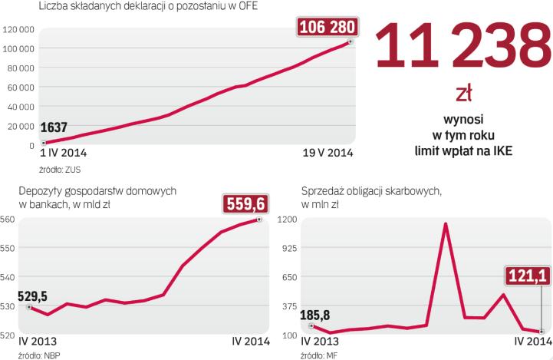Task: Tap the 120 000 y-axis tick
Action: point(18,29)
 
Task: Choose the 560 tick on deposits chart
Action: point(8,220)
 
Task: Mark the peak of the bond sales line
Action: point(446,223)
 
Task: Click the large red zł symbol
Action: point(464,94)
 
